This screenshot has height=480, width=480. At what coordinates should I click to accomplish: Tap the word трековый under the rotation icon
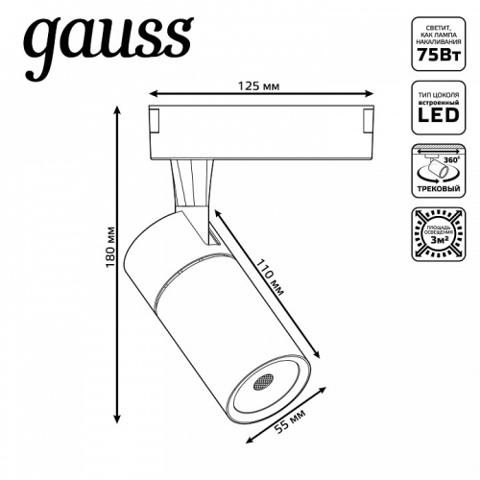[x=442, y=191]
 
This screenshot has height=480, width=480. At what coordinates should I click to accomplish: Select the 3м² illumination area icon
[x=442, y=235]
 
